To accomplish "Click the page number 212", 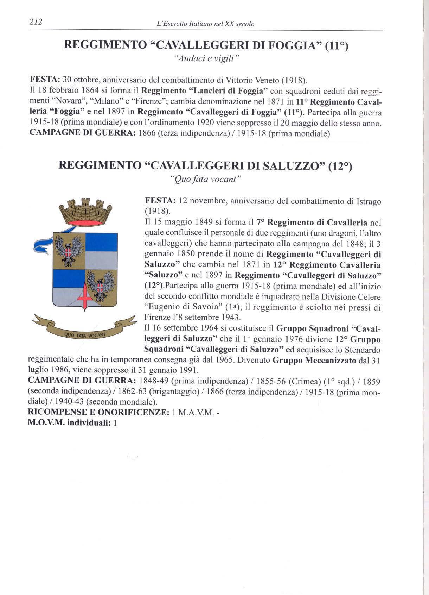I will [x=36, y=22].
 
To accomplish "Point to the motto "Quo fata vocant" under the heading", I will [x=205, y=179].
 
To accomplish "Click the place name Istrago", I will [x=364, y=202].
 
